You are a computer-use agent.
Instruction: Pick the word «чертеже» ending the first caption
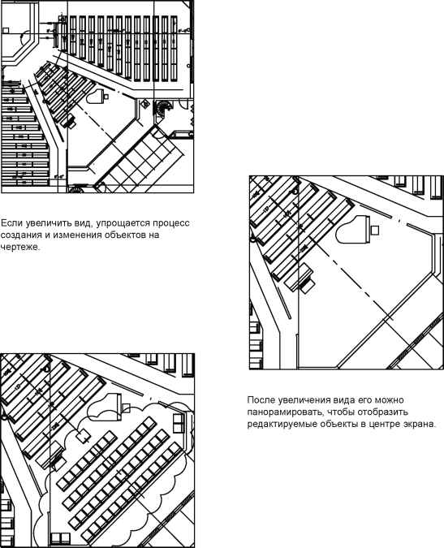click(20, 247)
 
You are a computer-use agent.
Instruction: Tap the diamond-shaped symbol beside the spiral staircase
click(144, 104)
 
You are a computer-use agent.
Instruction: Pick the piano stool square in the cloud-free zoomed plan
click(375, 230)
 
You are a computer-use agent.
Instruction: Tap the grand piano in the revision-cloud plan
click(104, 408)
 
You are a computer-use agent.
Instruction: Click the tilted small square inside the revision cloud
click(83, 436)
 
